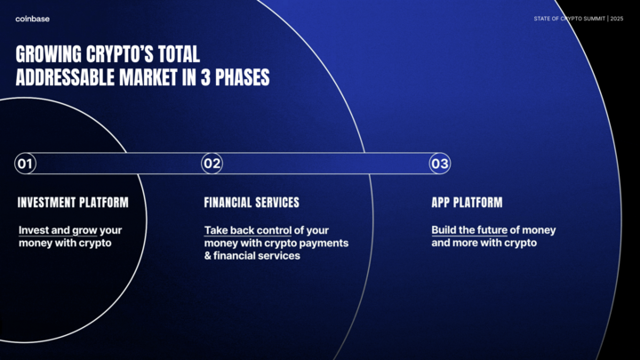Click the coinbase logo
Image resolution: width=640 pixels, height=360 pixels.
tap(32, 19)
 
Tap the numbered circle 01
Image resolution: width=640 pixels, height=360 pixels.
tap(25, 164)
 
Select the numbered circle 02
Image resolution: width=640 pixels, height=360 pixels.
tap(212, 164)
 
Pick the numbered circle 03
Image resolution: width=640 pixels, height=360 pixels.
tap(440, 164)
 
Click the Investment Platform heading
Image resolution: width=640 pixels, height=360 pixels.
tap(73, 203)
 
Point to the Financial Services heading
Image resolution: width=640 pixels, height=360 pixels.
tap(252, 203)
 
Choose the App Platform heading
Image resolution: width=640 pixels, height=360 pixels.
tap(467, 203)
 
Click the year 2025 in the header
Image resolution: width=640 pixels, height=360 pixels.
tap(617, 19)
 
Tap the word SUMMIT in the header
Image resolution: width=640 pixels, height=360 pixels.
tap(595, 19)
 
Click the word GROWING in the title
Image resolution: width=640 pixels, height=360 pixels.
tap(49, 54)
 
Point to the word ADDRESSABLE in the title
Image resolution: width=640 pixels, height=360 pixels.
tap(65, 77)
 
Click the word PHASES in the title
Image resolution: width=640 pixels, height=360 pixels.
tap(242, 77)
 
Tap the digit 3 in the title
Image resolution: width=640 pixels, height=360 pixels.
tap(205, 77)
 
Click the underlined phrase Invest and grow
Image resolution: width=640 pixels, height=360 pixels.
tap(58, 230)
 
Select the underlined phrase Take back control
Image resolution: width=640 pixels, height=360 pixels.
tap(248, 230)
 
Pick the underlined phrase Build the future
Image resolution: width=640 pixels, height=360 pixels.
tap(469, 230)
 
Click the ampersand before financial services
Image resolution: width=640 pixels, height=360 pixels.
tap(207, 256)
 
